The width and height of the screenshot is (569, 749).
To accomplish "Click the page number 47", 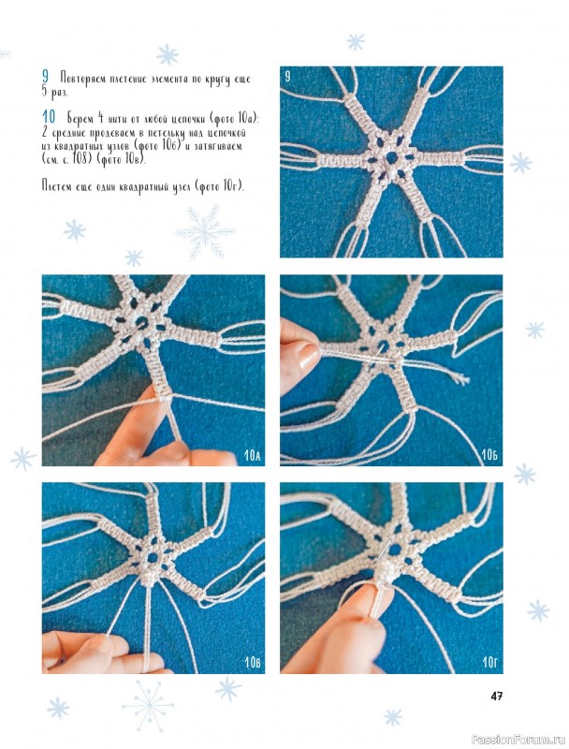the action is click(x=496, y=696).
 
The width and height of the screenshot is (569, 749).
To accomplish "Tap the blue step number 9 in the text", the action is click(x=45, y=76).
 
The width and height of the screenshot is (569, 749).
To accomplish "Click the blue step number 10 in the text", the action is click(x=49, y=116).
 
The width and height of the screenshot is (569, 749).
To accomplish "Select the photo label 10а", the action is click(x=252, y=455).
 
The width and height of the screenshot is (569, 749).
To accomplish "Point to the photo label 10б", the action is click(x=489, y=455).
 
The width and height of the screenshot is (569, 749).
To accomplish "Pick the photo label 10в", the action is click(x=252, y=663).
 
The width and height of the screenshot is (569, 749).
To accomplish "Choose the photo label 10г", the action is click(x=489, y=662).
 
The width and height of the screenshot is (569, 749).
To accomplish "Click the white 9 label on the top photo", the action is click(x=287, y=77).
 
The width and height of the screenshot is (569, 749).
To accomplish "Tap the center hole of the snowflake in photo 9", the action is click(x=391, y=157).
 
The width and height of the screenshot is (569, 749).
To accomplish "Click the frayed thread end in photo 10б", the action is click(x=460, y=379).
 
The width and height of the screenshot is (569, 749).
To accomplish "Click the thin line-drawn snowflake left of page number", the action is click(x=148, y=706).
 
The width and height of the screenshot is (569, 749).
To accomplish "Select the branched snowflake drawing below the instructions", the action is click(x=205, y=232).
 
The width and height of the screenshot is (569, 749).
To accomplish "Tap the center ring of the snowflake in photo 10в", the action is click(x=153, y=557).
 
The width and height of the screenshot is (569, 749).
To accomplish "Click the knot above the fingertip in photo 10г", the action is click(x=386, y=572).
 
